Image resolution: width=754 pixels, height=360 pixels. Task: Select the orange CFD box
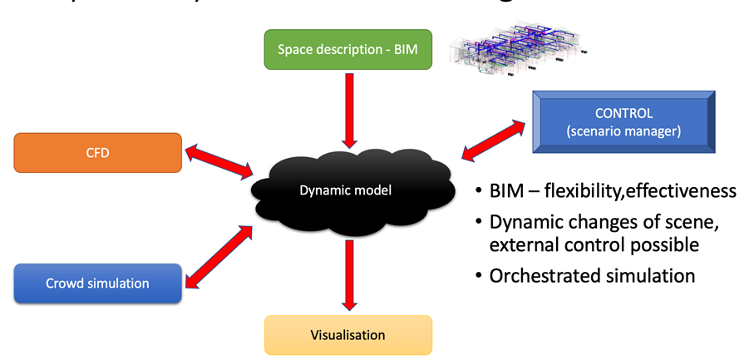[98, 153]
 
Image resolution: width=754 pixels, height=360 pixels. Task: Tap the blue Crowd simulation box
[98, 284]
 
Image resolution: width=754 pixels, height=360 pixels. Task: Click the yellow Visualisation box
[348, 335]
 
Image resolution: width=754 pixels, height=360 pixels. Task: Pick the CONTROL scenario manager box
[625, 121]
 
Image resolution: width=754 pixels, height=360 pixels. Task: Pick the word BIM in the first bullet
[508, 191]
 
